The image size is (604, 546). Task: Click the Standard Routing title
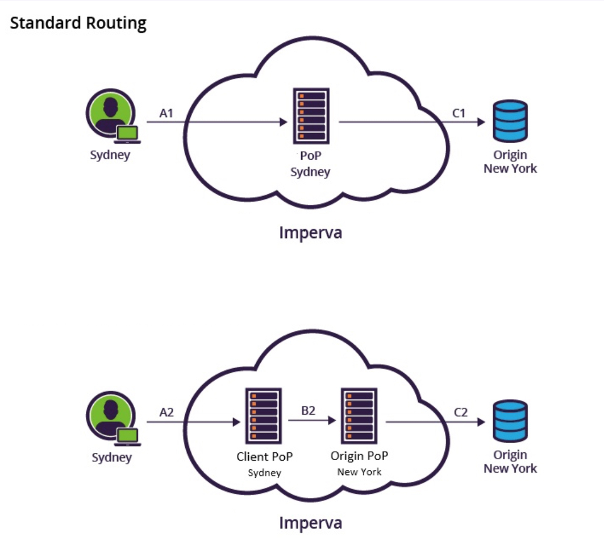pyautogui.click(x=78, y=23)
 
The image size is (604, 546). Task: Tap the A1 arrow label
pyautogui.click(x=166, y=113)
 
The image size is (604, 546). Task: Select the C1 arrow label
pyautogui.click(x=459, y=113)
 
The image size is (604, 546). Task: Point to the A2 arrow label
pyautogui.click(x=166, y=413)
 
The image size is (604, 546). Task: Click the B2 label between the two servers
pyautogui.click(x=308, y=411)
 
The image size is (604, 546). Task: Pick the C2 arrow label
pyautogui.click(x=461, y=413)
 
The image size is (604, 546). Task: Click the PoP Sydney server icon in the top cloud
pyautogui.click(x=311, y=116)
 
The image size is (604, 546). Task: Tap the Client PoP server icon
pyautogui.click(x=264, y=416)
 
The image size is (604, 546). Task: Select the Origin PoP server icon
pyautogui.click(x=359, y=416)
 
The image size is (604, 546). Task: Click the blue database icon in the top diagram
pyautogui.click(x=510, y=121)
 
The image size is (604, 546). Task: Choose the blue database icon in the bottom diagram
pyautogui.click(x=510, y=421)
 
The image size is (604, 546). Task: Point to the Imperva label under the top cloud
pyautogui.click(x=310, y=232)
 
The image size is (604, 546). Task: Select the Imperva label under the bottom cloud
pyautogui.click(x=310, y=523)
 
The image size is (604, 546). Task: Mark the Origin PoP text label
pyautogui.click(x=359, y=456)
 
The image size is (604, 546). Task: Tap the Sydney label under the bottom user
pyautogui.click(x=111, y=457)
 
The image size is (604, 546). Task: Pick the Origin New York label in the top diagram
pyautogui.click(x=510, y=161)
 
